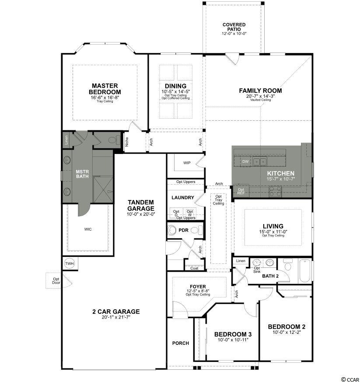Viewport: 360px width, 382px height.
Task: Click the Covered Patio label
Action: [234, 27]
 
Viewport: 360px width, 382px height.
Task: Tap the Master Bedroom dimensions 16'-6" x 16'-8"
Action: [105, 98]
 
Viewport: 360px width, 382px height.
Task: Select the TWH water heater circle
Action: [70, 263]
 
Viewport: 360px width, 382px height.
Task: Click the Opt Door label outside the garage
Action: [56, 280]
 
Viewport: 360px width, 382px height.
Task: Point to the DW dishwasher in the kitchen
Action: [245, 161]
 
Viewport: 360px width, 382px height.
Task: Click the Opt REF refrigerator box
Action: [241, 191]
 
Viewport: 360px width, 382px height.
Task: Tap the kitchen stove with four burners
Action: [275, 191]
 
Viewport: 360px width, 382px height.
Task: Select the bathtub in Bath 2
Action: [304, 270]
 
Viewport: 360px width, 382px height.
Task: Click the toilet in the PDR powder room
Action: [197, 230]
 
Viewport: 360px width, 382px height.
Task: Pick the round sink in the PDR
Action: [172, 230]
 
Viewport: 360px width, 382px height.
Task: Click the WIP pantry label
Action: [187, 163]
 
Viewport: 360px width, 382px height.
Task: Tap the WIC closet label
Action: [88, 229]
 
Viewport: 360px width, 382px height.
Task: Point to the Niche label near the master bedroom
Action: [127, 142]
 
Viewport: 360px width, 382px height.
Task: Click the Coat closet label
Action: [194, 268]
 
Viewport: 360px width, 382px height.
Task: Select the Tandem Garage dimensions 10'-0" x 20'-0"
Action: [141, 214]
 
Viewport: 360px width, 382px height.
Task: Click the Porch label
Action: [181, 343]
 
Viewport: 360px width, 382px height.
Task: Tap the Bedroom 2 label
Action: [287, 326]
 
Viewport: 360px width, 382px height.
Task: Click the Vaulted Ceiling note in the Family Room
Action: [261, 100]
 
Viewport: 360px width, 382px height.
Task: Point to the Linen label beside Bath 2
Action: [241, 261]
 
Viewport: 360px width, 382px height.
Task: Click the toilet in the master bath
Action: [114, 140]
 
